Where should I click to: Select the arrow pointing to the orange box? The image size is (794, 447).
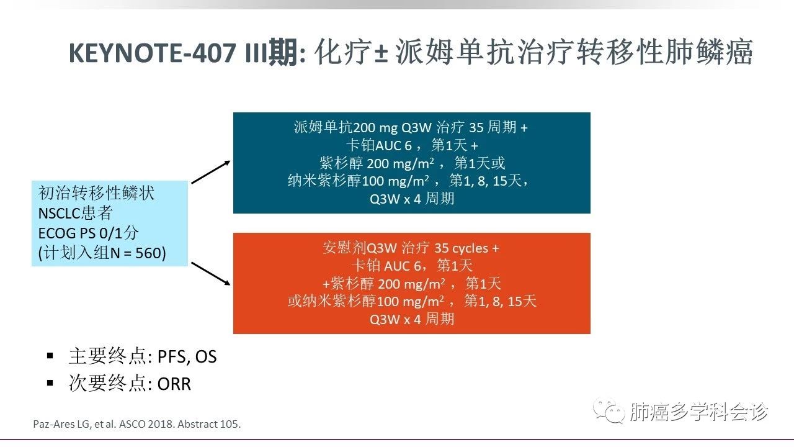click(211, 274)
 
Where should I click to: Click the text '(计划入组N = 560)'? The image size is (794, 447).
click(102, 253)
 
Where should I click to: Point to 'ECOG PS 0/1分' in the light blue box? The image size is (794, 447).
click(89, 233)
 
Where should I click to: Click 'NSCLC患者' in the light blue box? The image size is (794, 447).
click(75, 214)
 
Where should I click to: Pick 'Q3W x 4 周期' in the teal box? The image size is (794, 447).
click(412, 198)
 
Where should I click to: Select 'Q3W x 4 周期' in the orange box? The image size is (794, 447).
click(412, 319)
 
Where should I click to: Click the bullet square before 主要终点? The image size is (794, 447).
click(50, 356)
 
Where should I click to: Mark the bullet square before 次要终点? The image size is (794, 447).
click(50, 382)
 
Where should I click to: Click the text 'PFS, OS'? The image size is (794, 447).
click(187, 357)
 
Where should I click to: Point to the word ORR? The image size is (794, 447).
click(174, 384)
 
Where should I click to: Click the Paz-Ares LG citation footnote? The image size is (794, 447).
click(136, 425)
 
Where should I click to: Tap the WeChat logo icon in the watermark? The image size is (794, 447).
click(607, 412)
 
